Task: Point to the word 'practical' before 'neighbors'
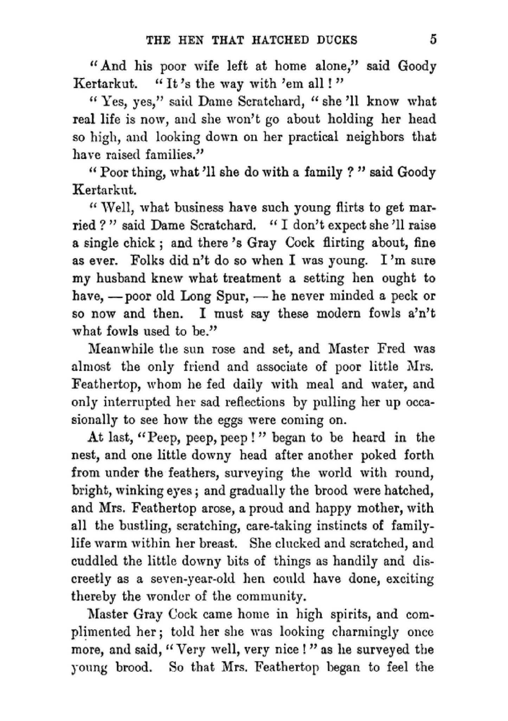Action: click(313, 137)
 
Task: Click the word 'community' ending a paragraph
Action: click(269, 597)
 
